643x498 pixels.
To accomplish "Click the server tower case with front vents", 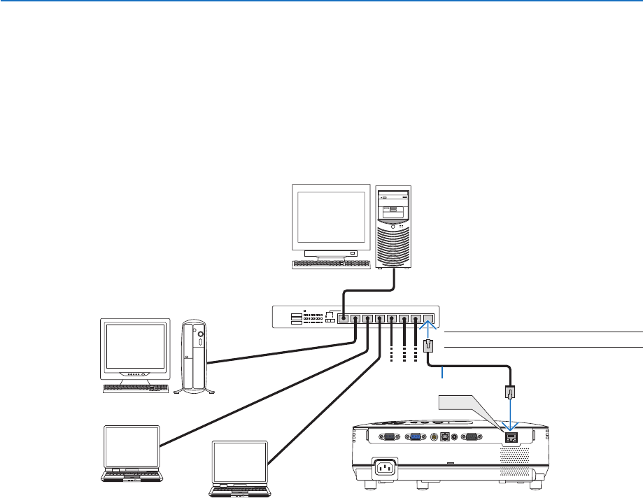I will (x=393, y=227).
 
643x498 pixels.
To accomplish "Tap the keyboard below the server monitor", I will (x=330, y=264).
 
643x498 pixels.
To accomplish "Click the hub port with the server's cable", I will (x=344, y=319).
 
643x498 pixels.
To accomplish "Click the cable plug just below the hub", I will (x=429, y=346).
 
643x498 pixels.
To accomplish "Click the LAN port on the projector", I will (x=511, y=437).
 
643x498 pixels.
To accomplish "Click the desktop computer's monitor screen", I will (x=135, y=348).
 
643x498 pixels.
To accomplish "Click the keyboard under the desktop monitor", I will (x=135, y=387).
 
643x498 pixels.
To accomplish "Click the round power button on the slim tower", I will (x=201, y=336).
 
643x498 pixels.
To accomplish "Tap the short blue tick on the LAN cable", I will (x=442, y=376).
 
